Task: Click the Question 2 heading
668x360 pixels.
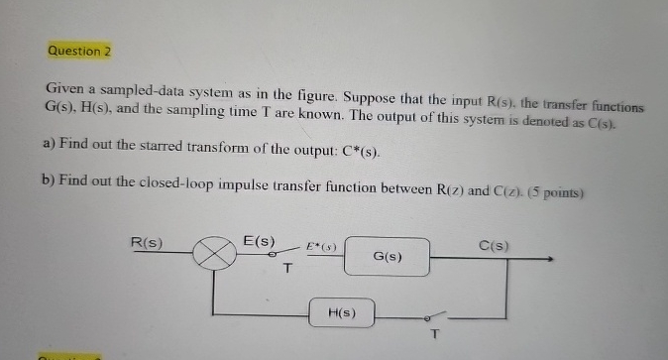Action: coord(78,51)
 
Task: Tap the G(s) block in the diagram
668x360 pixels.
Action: coord(388,257)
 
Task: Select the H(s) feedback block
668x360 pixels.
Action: coord(342,314)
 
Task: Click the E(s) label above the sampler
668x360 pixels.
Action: coord(260,241)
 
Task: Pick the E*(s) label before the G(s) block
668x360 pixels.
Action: coord(322,244)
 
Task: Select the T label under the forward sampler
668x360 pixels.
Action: coord(287,269)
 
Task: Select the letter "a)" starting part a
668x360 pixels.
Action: coord(48,144)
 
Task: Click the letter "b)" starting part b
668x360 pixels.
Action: coord(50,180)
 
